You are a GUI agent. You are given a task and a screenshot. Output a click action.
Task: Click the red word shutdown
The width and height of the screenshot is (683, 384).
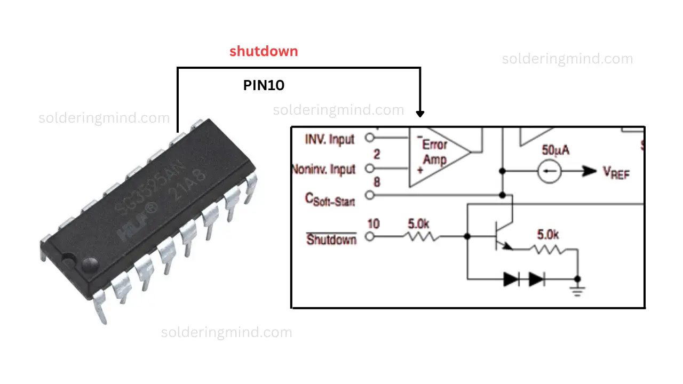pyautogui.click(x=264, y=52)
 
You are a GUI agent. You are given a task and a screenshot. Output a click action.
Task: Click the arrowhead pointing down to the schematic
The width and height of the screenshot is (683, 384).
pyautogui.click(x=420, y=113)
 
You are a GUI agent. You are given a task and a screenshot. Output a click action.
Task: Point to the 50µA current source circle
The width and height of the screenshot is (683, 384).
pyautogui.click(x=550, y=171)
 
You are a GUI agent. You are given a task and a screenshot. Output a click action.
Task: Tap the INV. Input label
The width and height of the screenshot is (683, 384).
pyautogui.click(x=329, y=139)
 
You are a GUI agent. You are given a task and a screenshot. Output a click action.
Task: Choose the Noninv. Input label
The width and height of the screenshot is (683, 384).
pyautogui.click(x=323, y=170)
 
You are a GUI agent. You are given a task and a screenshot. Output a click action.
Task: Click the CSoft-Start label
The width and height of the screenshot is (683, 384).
pyautogui.click(x=330, y=199)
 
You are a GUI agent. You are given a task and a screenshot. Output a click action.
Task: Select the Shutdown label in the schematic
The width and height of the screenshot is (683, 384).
pyautogui.click(x=331, y=239)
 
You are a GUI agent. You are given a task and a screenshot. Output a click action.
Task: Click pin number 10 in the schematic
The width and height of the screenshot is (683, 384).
pyautogui.click(x=374, y=223)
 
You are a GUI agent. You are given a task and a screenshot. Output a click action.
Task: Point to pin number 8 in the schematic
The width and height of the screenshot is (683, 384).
pyautogui.click(x=377, y=182)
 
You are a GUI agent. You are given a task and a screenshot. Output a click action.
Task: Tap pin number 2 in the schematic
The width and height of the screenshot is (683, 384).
pyautogui.click(x=377, y=155)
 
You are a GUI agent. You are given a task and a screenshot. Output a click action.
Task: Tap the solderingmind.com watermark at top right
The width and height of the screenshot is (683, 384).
pyautogui.click(x=567, y=59)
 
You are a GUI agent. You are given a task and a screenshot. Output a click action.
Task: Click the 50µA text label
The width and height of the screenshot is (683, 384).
pyautogui.click(x=555, y=150)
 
